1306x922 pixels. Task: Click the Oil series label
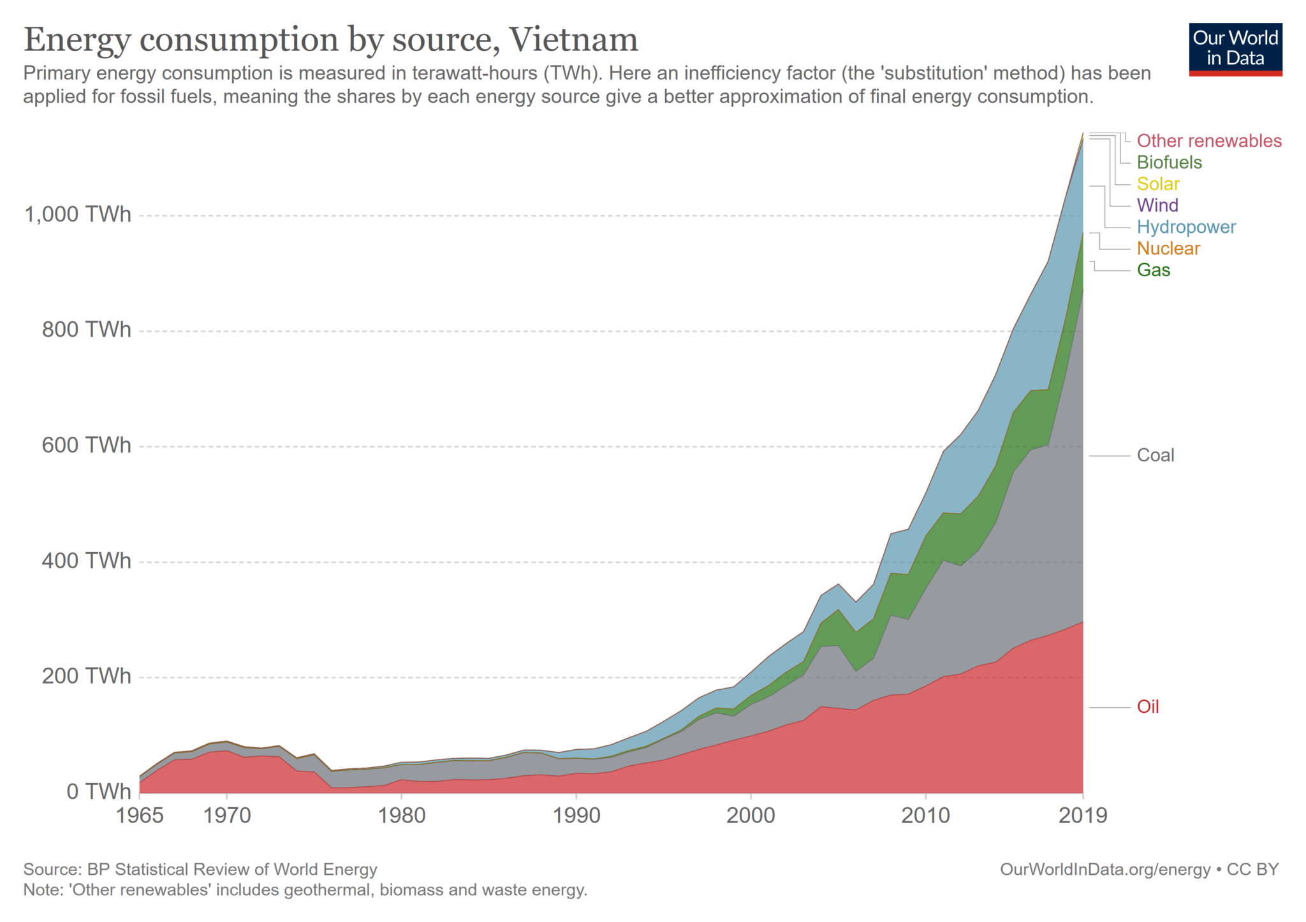(x=1147, y=706)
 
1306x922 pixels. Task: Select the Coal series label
(x=1155, y=455)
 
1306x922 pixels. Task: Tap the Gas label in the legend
(x=1153, y=270)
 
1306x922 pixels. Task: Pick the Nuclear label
(x=1168, y=248)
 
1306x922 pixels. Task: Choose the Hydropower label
(x=1185, y=226)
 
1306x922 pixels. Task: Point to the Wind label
(x=1157, y=205)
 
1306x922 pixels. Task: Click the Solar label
(x=1157, y=184)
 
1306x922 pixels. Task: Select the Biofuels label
(x=1169, y=162)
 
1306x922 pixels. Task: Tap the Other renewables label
(x=1208, y=140)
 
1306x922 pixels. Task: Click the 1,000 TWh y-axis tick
(x=77, y=214)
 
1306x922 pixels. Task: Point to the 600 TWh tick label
(x=86, y=445)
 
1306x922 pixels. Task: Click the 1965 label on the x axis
(x=140, y=816)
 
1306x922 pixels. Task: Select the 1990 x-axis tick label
(x=576, y=816)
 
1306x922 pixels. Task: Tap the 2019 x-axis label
(x=1082, y=816)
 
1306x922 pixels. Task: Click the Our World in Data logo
(x=1235, y=49)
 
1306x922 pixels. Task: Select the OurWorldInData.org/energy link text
(x=1104, y=870)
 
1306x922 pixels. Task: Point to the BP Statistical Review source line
(x=200, y=870)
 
